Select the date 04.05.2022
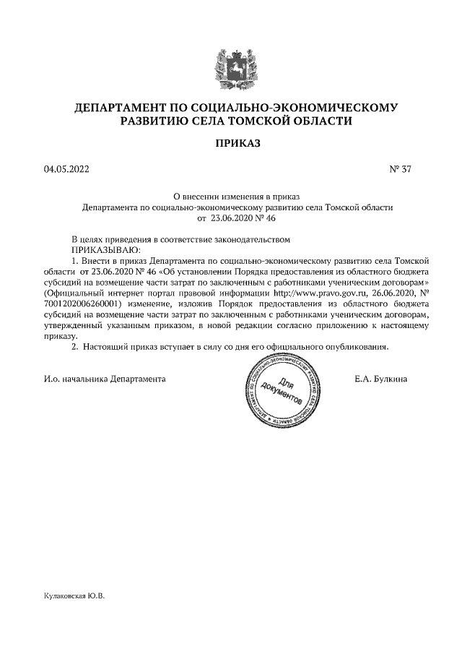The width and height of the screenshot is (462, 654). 67,171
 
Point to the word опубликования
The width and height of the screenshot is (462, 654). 357,346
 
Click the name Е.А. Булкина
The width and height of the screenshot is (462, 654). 381,379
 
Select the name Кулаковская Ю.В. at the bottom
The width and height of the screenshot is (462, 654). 74,596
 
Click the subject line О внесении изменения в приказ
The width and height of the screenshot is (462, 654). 237,196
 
